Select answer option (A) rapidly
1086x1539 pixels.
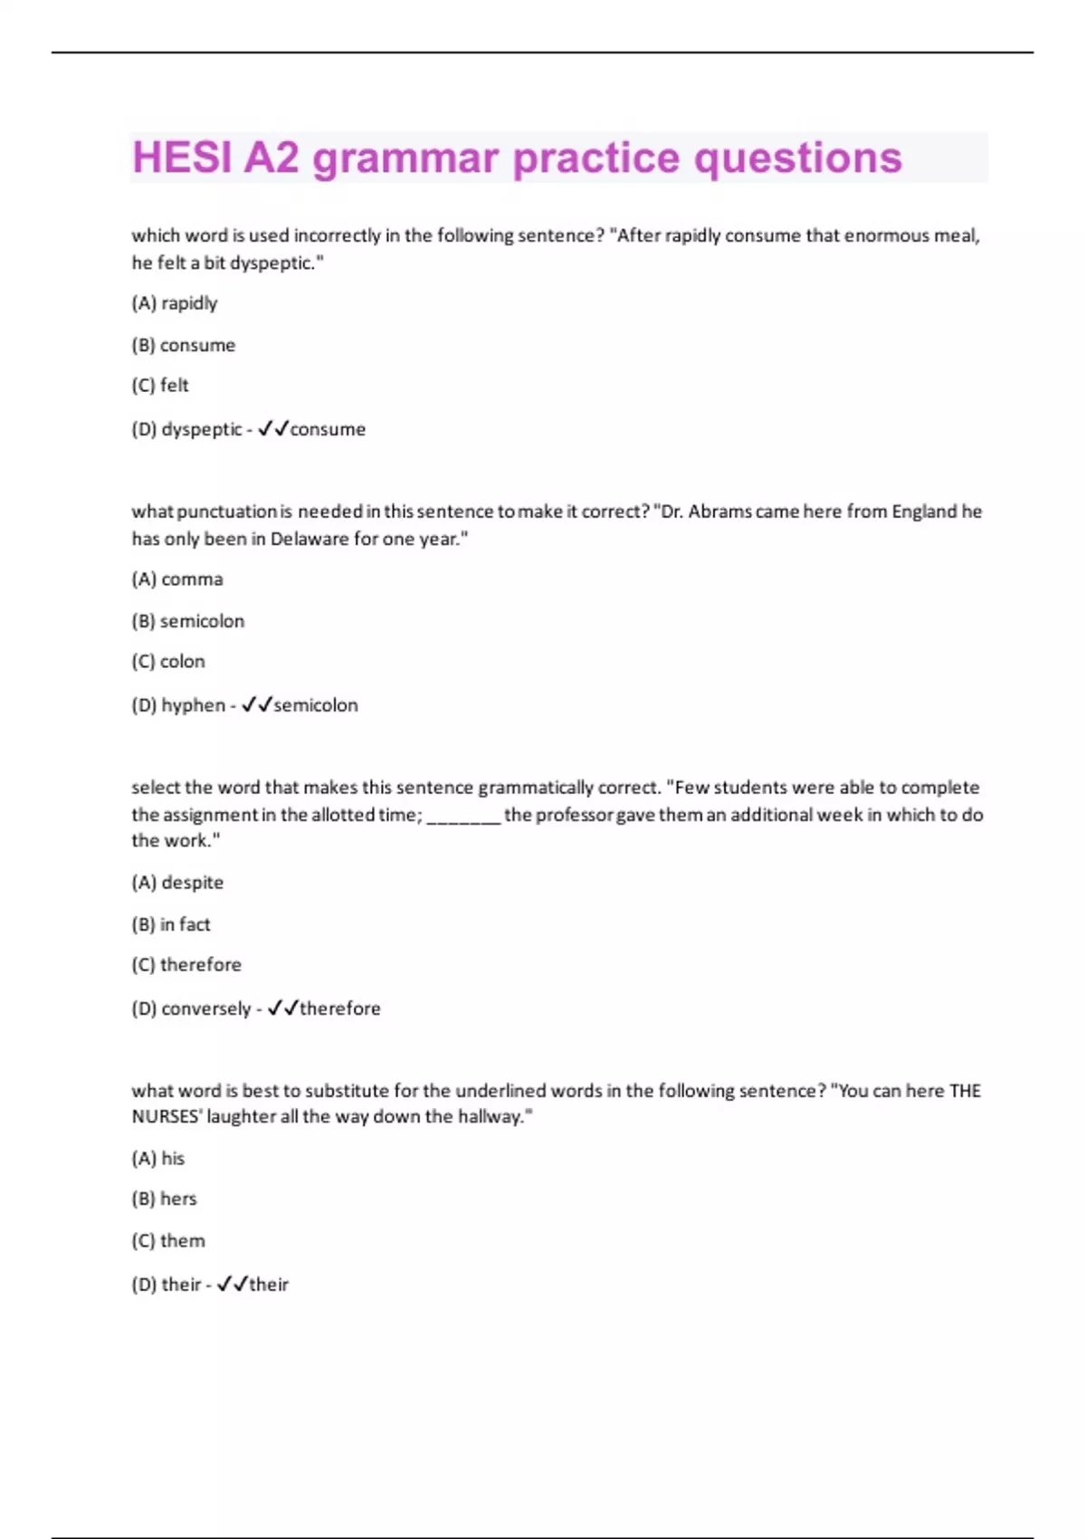(175, 303)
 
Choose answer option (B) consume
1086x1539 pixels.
(183, 345)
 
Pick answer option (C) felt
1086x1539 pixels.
(160, 386)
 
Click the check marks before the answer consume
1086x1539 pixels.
(272, 429)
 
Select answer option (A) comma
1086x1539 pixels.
(177, 579)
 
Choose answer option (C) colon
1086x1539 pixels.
(168, 662)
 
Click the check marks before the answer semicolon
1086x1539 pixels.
(257, 705)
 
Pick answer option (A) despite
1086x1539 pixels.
(177, 883)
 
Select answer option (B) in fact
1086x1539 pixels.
(171, 924)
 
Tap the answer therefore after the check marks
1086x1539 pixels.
(340, 1008)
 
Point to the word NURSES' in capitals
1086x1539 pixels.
(167, 1117)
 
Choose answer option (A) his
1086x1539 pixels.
(158, 1159)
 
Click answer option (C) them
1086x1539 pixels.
(168, 1241)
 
